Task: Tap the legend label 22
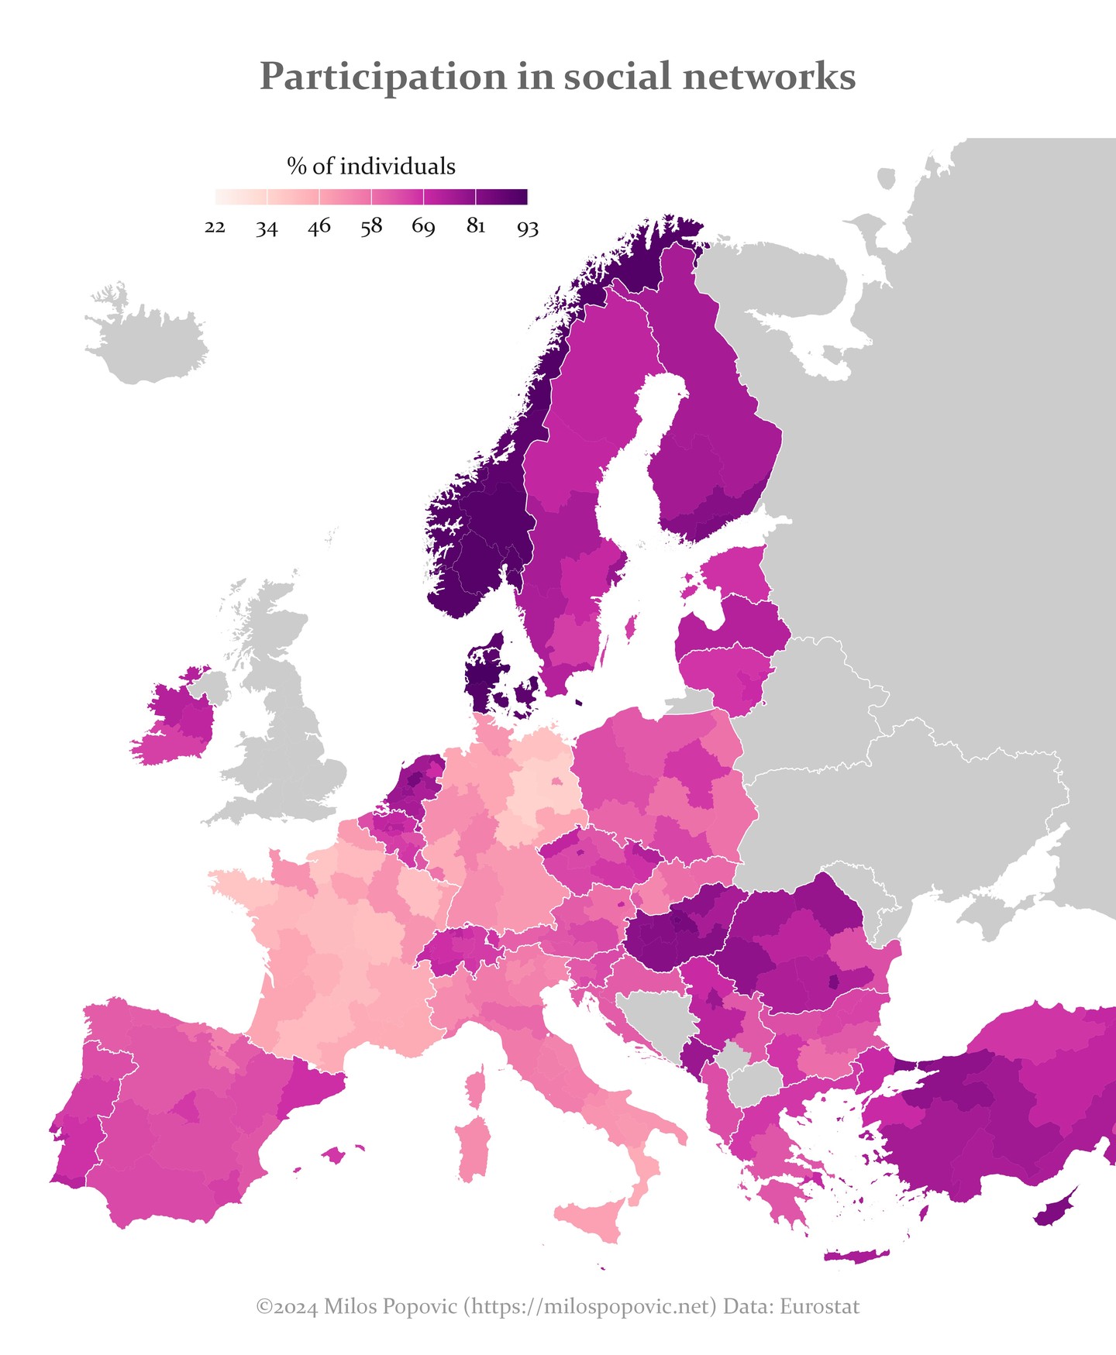(x=215, y=227)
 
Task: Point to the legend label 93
(x=528, y=227)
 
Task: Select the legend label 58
(x=371, y=227)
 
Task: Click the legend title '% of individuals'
(x=371, y=166)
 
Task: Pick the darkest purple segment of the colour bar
(x=501, y=197)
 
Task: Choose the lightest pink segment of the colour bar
(x=241, y=197)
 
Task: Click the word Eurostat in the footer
(x=819, y=1307)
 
